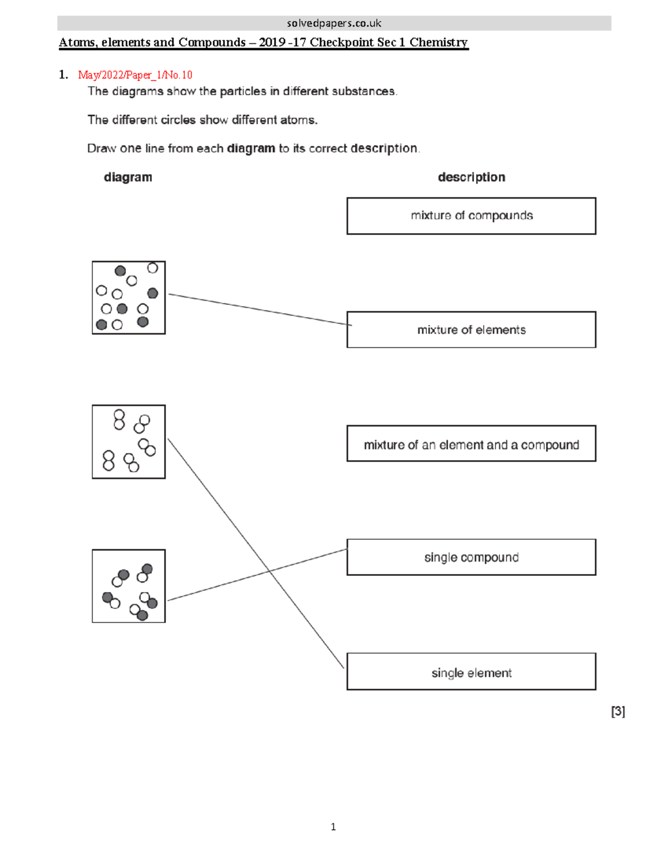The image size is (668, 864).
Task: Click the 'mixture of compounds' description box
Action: tap(471, 216)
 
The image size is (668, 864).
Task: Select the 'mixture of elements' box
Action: tap(471, 330)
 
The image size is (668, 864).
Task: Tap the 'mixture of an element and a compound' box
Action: tap(471, 444)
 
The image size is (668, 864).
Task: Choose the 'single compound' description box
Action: tap(471, 557)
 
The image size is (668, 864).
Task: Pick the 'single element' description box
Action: tap(471, 672)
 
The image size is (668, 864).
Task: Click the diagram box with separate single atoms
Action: tap(129, 298)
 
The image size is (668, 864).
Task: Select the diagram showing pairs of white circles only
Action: tap(129, 442)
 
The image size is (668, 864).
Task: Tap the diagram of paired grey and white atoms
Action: tap(129, 586)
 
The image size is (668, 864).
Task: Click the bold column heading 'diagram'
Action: tap(127, 177)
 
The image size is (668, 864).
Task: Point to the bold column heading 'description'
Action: tap(471, 177)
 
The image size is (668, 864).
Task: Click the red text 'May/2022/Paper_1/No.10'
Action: tap(135, 75)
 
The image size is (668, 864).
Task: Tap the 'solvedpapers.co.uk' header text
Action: tap(334, 23)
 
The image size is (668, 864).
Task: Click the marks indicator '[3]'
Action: tap(618, 711)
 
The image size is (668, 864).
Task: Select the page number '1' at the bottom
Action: tap(333, 827)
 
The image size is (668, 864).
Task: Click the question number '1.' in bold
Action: tap(63, 75)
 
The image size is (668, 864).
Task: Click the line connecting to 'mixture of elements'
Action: tap(259, 309)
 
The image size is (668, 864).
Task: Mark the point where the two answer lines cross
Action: tap(269, 571)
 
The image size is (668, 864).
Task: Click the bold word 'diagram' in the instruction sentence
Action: tap(250, 149)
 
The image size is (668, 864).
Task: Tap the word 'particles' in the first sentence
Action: tap(243, 91)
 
